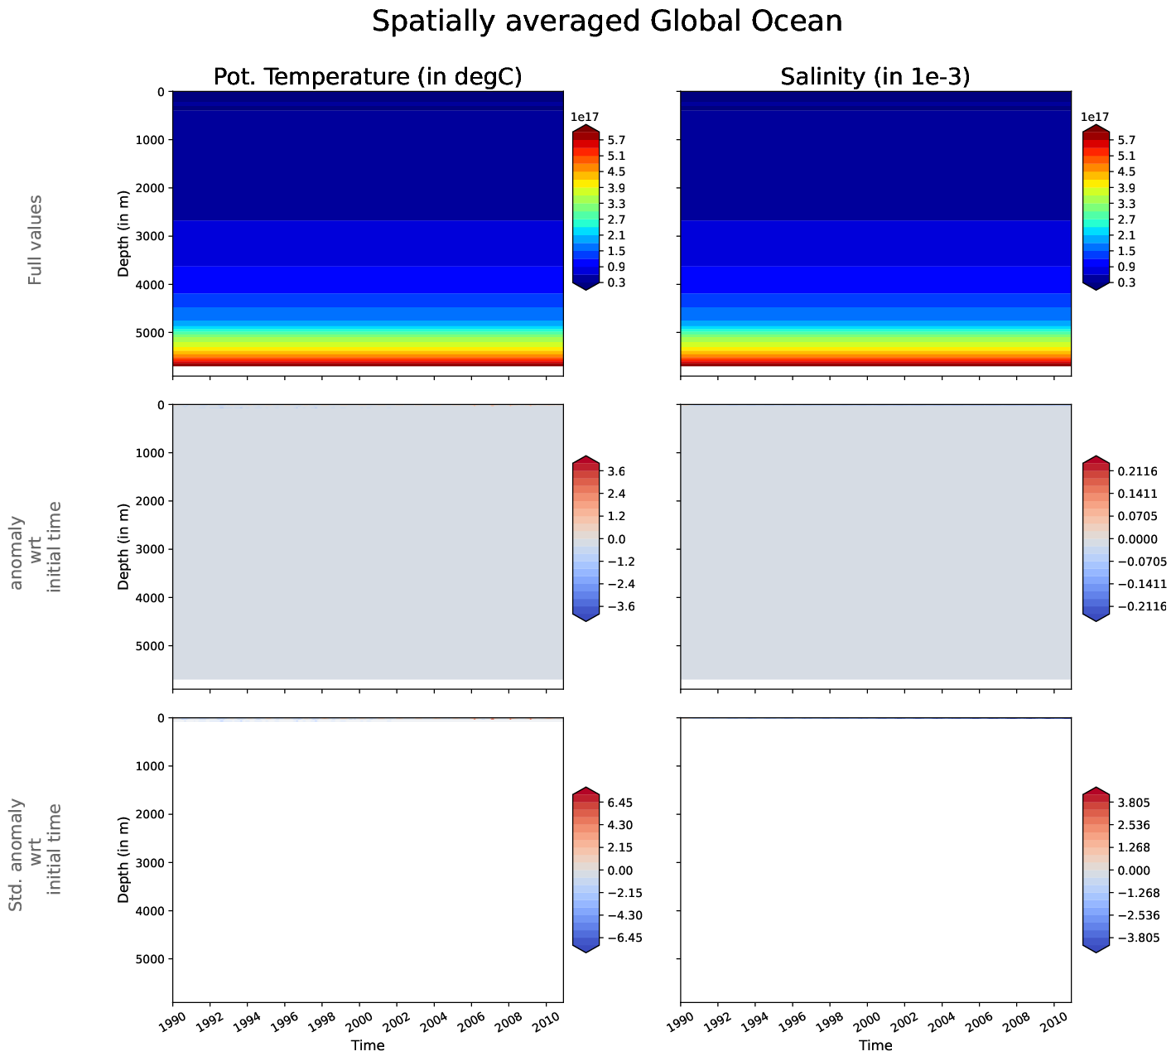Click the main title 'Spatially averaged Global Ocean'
(606, 22)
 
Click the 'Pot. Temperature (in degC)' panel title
(368, 76)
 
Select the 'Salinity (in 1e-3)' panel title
(875, 76)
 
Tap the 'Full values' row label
(35, 240)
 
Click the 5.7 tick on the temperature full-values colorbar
(616, 140)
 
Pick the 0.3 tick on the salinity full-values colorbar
(1126, 282)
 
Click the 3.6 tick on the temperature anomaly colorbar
(616, 471)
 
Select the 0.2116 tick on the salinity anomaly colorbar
(1136, 471)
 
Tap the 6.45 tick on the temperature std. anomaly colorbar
(619, 803)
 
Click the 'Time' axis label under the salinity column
(875, 1045)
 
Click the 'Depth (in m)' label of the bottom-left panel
(123, 859)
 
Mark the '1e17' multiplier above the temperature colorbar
(585, 117)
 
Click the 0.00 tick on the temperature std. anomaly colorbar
(619, 871)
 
